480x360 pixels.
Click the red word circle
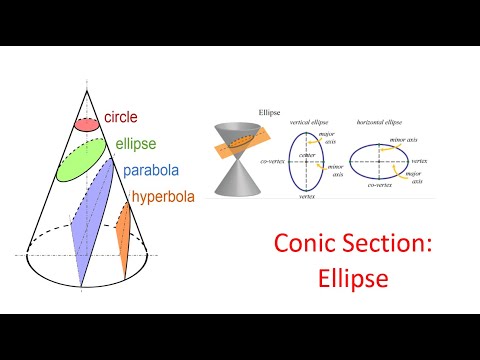121,117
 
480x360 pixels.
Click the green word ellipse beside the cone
136,143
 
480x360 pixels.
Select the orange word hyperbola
163,196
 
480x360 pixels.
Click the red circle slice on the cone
87,125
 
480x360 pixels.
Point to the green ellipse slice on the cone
81,160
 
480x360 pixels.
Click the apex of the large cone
82,89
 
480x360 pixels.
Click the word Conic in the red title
306,245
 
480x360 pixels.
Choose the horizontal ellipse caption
382,122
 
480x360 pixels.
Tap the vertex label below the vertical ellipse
309,198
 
